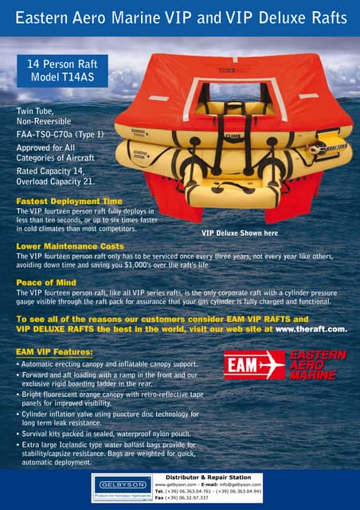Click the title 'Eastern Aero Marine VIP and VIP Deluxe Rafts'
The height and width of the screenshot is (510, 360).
click(179, 17)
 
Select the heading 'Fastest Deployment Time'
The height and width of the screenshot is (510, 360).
click(70, 201)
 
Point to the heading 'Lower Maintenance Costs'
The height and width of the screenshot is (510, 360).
click(70, 247)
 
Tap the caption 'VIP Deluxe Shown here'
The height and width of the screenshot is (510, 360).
click(240, 233)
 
